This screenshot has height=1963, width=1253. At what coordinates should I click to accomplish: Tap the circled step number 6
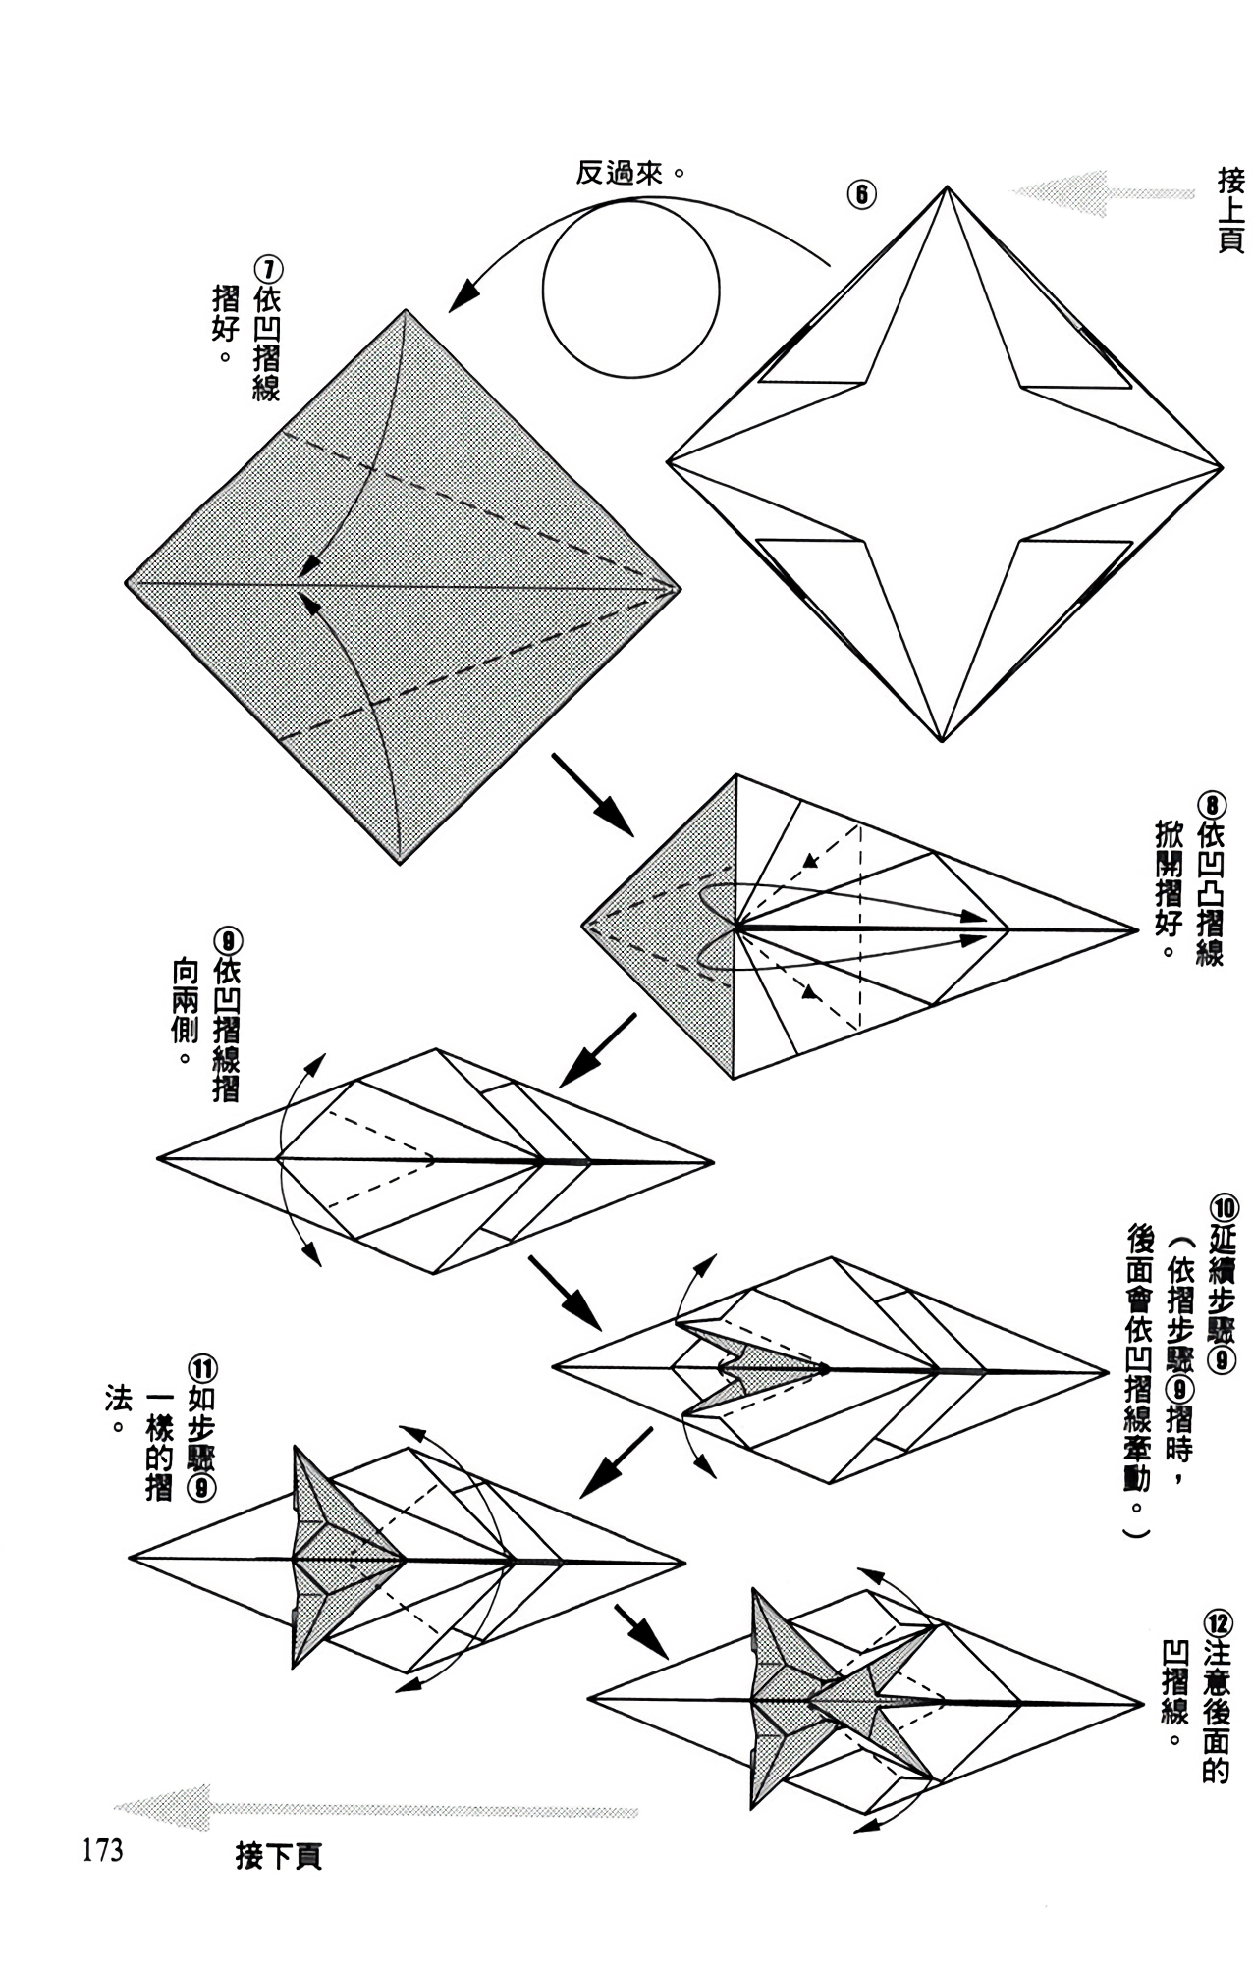(x=860, y=194)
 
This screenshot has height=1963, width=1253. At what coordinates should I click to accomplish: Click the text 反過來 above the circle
(x=615, y=174)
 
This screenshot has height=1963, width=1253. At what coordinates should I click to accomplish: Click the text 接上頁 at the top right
(x=1231, y=210)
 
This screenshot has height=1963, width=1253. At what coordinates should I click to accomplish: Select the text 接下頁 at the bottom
(x=278, y=1858)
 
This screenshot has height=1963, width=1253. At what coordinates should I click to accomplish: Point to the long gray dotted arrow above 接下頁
(x=376, y=1810)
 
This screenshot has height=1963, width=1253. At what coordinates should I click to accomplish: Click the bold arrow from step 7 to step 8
(x=592, y=794)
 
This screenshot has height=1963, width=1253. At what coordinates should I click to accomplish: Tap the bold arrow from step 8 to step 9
(x=597, y=1051)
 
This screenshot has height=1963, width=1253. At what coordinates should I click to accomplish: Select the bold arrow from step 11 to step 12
(x=640, y=1632)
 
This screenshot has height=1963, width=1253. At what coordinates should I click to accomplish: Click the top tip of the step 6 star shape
(x=948, y=186)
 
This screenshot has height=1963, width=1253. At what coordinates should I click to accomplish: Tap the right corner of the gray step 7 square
(x=678, y=589)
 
